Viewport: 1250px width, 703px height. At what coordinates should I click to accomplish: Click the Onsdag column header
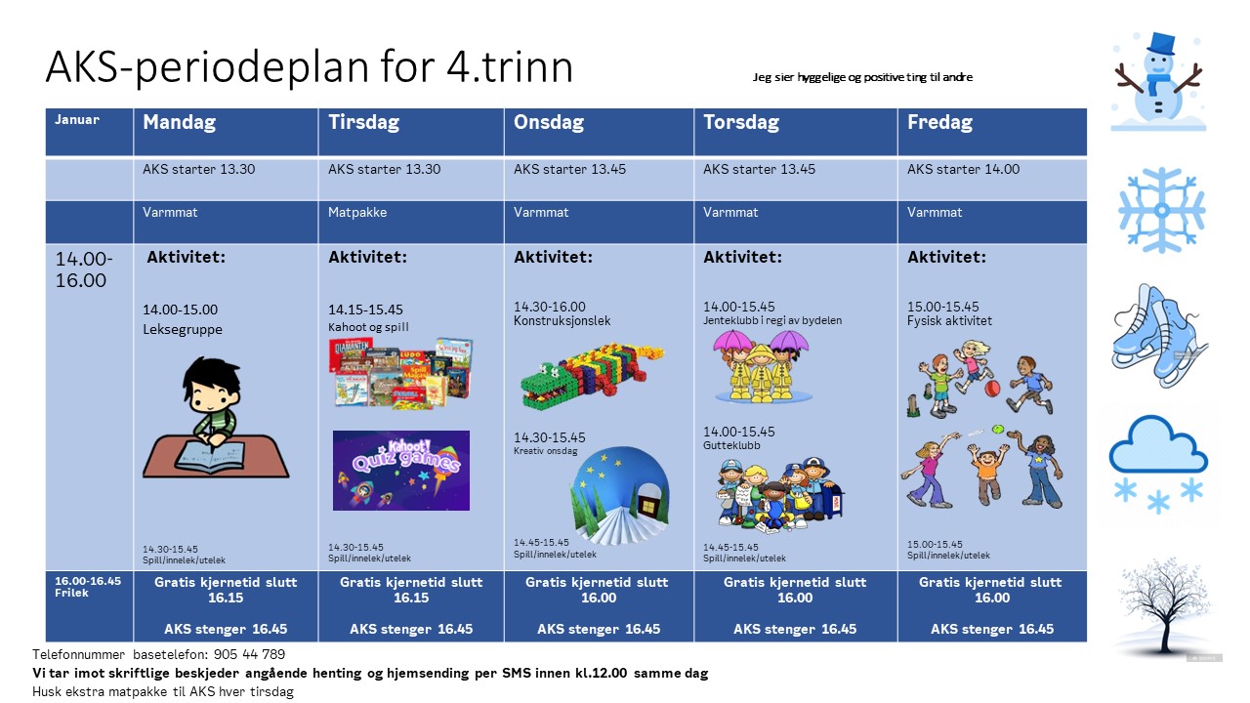[549, 123]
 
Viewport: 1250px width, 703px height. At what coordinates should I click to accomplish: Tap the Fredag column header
[939, 123]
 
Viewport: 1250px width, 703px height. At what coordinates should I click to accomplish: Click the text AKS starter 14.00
[963, 169]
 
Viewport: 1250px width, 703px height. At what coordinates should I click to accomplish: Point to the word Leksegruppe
[183, 329]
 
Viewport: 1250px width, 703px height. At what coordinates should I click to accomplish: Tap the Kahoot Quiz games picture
[400, 470]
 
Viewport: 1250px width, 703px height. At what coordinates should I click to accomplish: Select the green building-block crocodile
[591, 374]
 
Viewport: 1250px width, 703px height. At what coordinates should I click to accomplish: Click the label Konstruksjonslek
[562, 320]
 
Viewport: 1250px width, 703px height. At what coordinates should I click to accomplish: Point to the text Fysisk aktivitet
[949, 320]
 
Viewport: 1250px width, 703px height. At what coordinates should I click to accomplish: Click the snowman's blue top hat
[1162, 45]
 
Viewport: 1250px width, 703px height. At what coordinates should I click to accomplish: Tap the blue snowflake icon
[1161, 209]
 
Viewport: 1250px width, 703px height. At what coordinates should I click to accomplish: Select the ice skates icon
[1158, 335]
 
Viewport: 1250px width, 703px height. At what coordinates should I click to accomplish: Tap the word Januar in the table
[77, 120]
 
